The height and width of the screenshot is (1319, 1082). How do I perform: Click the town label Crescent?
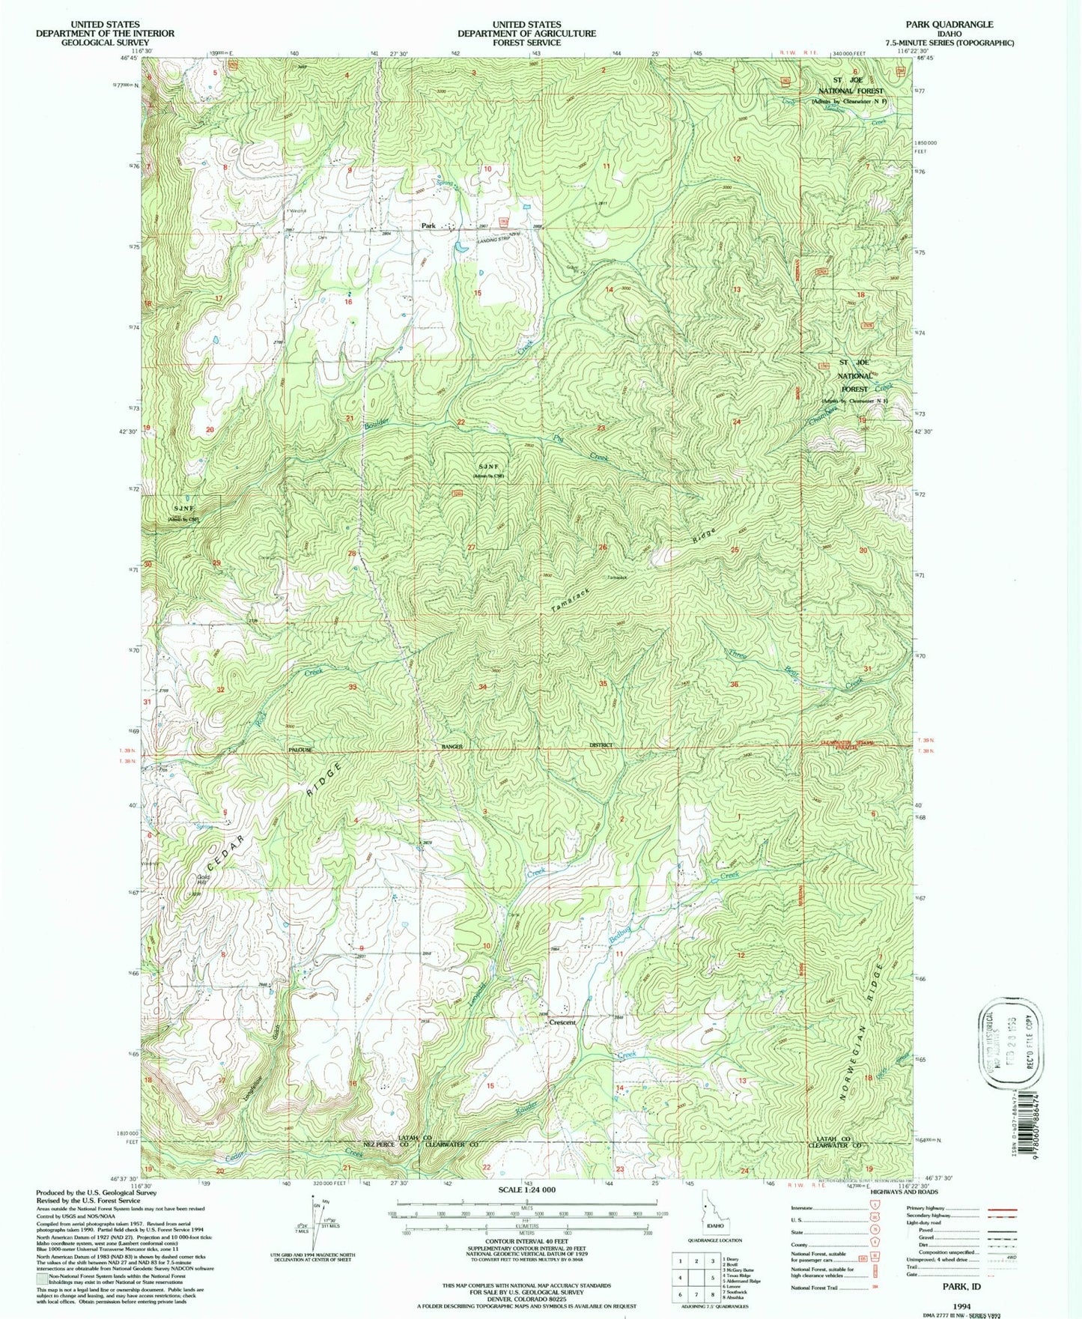tap(562, 1022)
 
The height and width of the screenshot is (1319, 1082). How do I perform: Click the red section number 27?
tap(471, 548)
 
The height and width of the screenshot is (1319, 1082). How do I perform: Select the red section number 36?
tap(734, 685)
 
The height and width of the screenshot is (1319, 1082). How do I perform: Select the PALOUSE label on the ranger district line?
tap(300, 750)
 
